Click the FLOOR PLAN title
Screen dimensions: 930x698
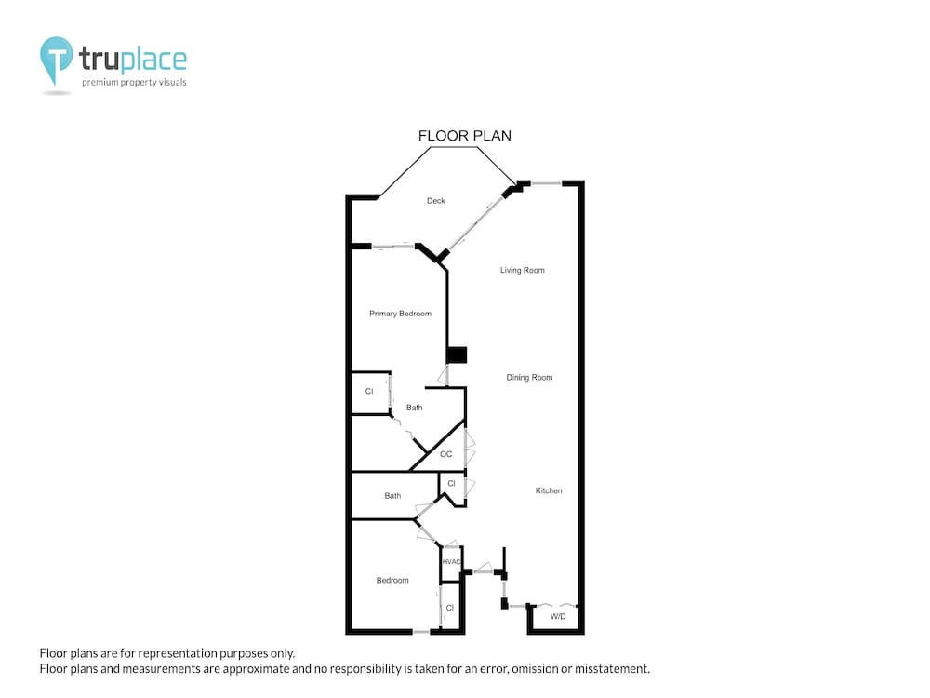point(464,136)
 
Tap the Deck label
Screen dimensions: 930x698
point(436,201)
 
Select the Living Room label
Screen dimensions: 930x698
point(522,270)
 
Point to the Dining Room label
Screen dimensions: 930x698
point(529,378)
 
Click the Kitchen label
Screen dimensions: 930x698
point(549,490)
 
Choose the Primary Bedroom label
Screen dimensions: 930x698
point(400,314)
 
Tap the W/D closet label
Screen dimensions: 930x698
point(558,617)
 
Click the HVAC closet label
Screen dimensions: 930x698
point(451,562)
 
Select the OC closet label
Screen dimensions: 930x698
point(446,454)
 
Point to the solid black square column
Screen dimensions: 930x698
point(457,355)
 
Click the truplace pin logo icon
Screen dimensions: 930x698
point(57,60)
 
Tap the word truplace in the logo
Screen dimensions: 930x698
point(133,60)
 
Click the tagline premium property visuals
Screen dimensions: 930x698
point(134,83)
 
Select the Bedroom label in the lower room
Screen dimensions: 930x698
point(392,581)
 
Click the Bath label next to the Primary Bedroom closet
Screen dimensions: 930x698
point(415,408)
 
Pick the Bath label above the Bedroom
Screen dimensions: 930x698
point(392,496)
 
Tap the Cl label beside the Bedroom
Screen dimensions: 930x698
point(449,608)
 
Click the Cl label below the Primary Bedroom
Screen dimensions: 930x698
point(369,391)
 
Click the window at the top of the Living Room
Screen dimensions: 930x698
point(546,183)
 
